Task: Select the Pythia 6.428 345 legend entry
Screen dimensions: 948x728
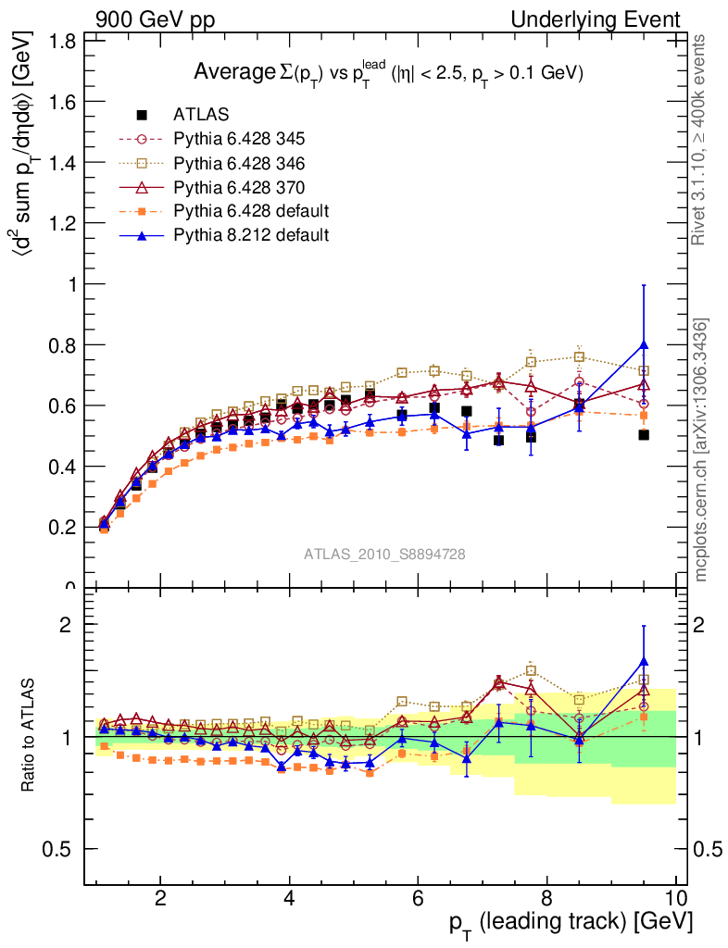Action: pos(239,139)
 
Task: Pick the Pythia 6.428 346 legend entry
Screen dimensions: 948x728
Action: pos(239,163)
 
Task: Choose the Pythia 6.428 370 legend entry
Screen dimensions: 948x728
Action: pos(239,187)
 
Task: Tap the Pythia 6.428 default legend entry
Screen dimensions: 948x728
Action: pos(251,211)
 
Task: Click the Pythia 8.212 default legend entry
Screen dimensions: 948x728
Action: pos(251,235)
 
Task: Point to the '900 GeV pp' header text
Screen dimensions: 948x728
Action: pos(155,19)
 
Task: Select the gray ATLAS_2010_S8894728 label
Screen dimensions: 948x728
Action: pos(384,555)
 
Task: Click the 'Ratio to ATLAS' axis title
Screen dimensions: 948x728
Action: pos(30,736)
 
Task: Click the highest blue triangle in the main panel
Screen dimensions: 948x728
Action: pos(644,345)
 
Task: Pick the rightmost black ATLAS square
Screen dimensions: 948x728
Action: pos(644,434)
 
